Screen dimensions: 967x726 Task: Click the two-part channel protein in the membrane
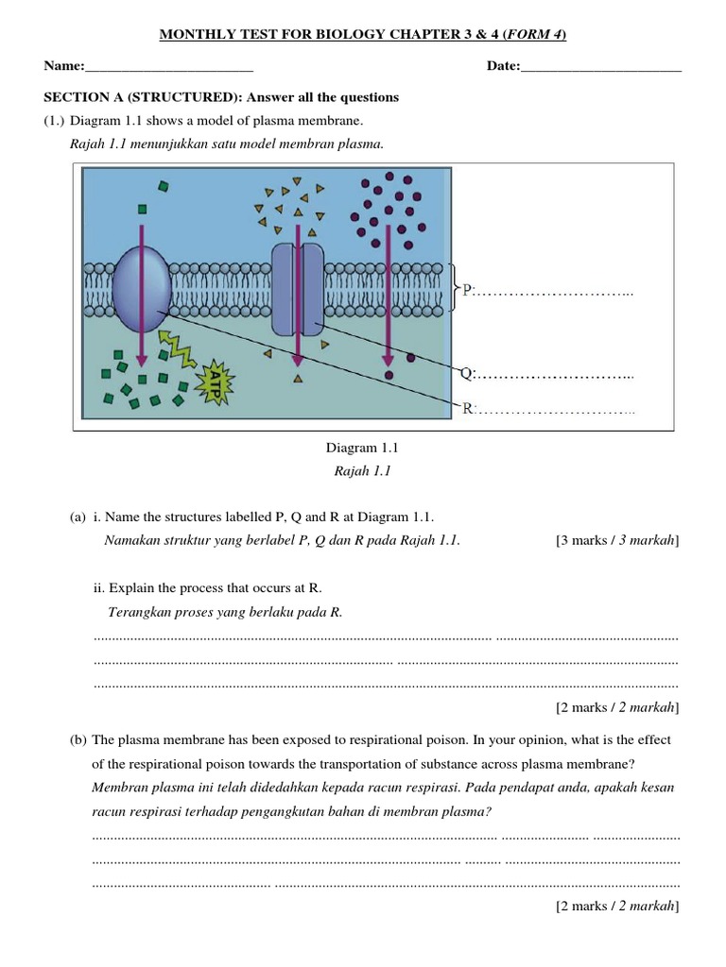[297, 287]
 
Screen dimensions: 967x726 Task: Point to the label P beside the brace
[467, 291]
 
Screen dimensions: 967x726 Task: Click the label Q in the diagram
[466, 375]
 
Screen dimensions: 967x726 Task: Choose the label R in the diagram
[467, 409]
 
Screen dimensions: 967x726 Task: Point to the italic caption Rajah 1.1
[364, 471]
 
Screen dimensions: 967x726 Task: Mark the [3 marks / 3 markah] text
[617, 540]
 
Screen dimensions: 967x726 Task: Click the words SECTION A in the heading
[84, 97]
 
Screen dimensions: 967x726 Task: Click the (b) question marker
[78, 740]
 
